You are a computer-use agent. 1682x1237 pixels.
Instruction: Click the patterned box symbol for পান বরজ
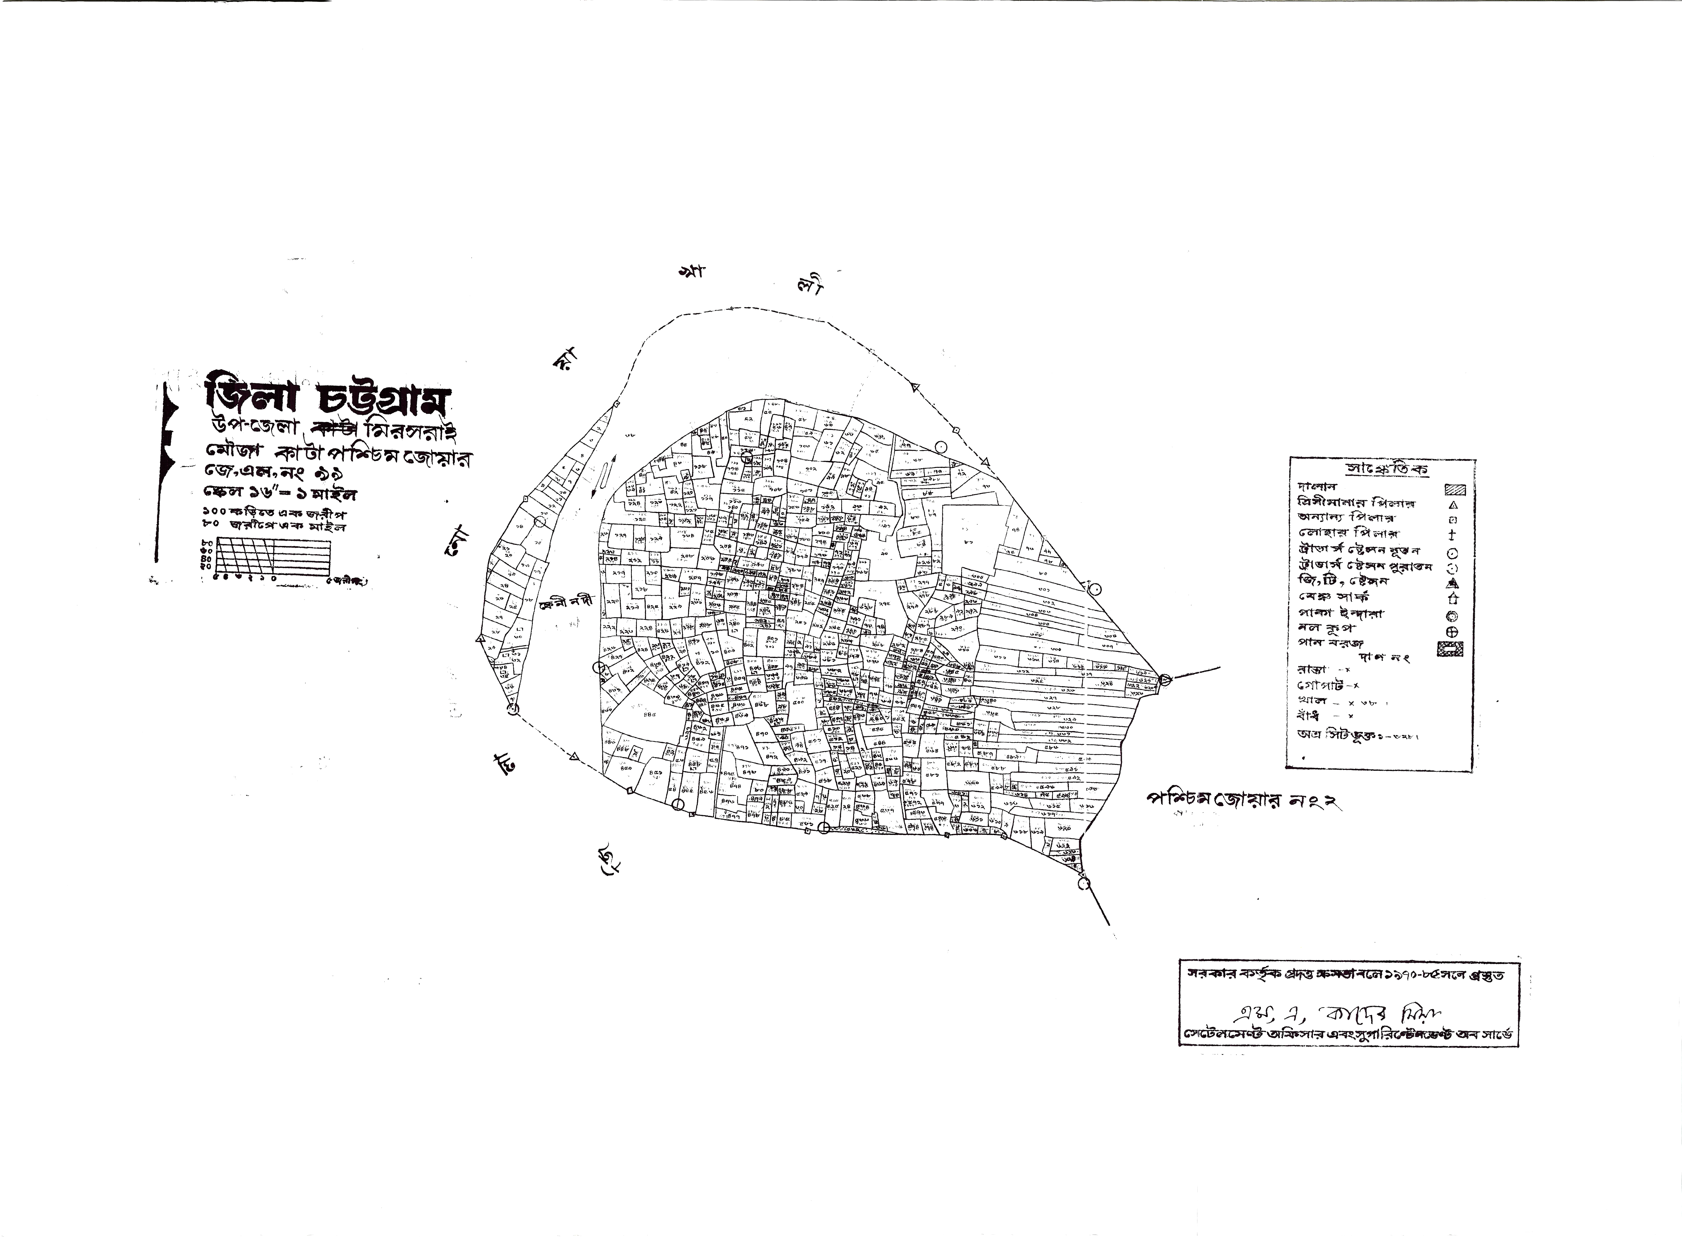click(1451, 650)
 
